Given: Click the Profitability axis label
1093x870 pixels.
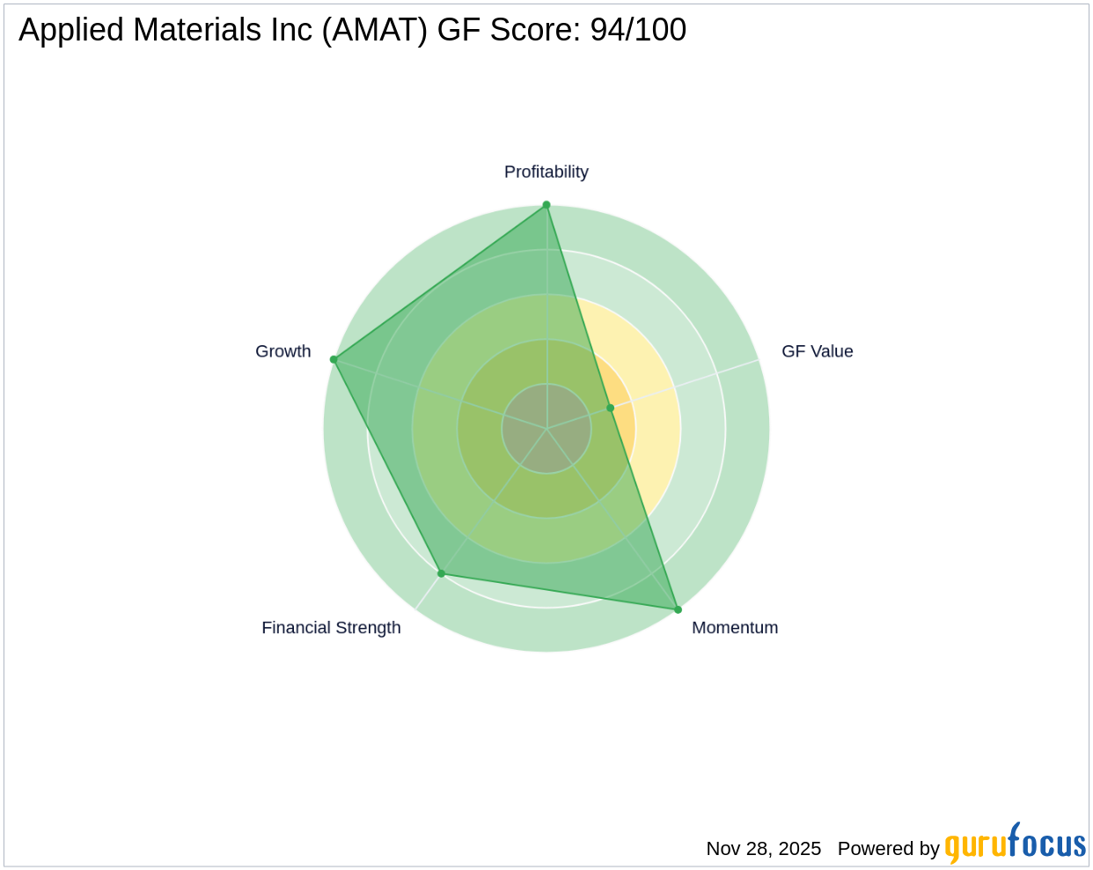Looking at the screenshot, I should click(546, 172).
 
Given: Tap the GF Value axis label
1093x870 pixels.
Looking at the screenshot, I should click(817, 351).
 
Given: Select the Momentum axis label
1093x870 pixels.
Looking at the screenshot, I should click(735, 628).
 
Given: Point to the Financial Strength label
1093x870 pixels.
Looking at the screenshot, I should click(331, 628).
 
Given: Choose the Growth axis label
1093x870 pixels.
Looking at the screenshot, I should click(282, 351).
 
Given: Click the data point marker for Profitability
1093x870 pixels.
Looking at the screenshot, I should click(546, 205).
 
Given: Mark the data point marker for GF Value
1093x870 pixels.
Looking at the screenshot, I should click(610, 408).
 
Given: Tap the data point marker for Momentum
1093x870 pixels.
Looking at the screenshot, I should click(678, 609).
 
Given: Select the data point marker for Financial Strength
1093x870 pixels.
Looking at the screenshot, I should click(441, 573).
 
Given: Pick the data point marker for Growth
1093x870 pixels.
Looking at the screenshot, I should click(334, 359).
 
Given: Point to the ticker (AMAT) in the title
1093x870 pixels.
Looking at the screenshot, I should click(375, 30).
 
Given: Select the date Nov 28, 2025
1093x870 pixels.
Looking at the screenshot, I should click(763, 849).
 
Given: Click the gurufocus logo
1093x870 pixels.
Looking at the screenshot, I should click(1015, 845).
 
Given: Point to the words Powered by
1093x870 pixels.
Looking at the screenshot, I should click(888, 849).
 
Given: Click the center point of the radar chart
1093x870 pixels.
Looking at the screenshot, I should click(546, 429).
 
